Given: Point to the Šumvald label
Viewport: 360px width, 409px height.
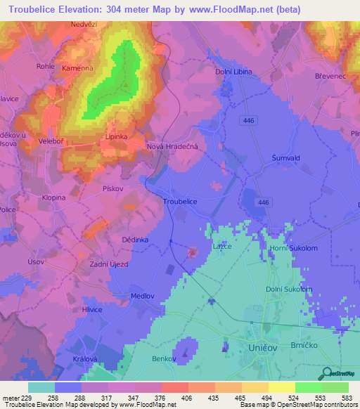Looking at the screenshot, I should click(286, 158).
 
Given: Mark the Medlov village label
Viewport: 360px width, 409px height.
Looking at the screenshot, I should click(143, 296).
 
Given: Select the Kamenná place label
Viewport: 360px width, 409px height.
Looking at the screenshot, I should click(76, 68).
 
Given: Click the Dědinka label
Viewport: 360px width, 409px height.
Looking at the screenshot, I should click(135, 240).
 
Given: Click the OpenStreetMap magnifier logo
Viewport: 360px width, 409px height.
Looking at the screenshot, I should click(326, 374).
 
